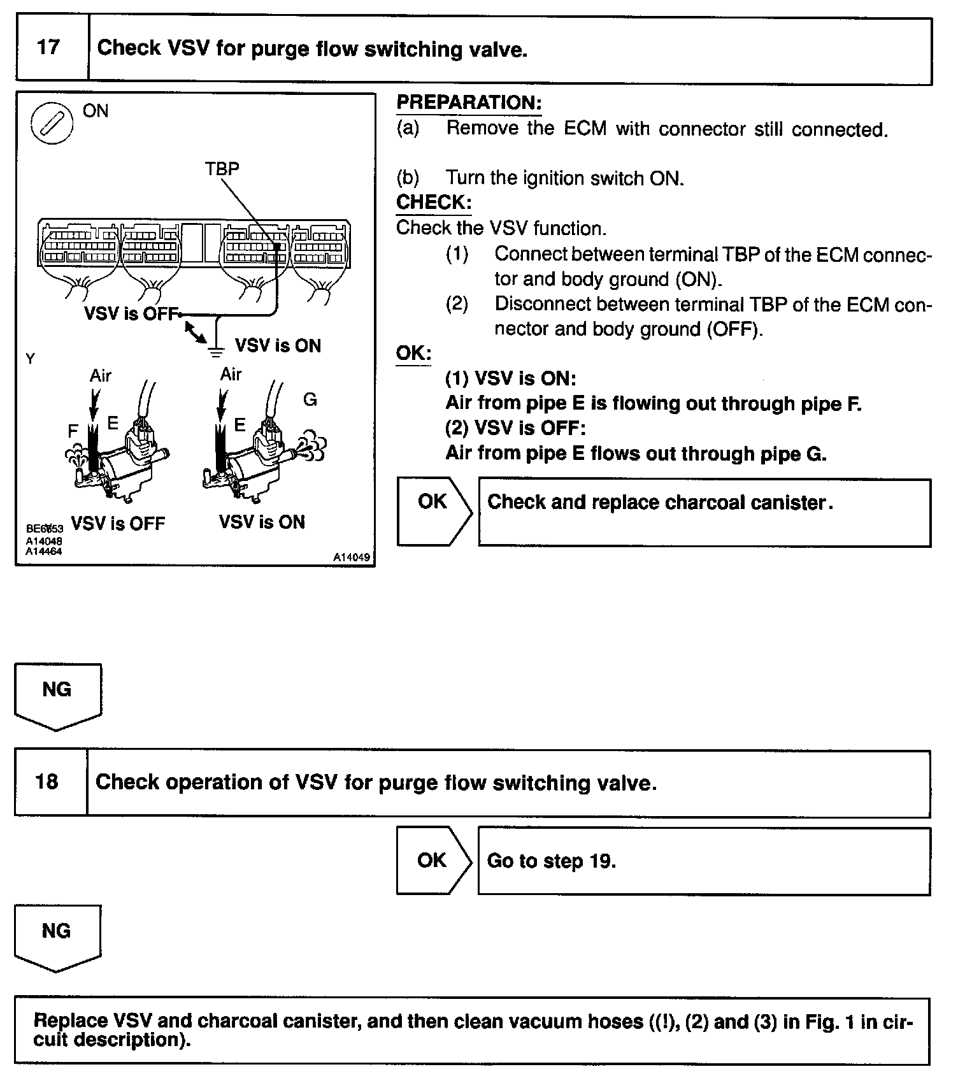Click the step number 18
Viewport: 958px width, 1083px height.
(48, 781)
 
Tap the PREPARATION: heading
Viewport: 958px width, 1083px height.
(469, 103)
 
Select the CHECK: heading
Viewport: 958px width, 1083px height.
(434, 203)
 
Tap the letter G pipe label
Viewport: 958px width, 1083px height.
(310, 399)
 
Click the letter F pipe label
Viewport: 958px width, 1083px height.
(73, 431)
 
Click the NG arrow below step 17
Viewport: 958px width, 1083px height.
(57, 695)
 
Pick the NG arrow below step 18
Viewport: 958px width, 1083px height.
(57, 936)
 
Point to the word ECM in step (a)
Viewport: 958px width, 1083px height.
(585, 129)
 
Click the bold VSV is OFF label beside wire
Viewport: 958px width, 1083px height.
(131, 313)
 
